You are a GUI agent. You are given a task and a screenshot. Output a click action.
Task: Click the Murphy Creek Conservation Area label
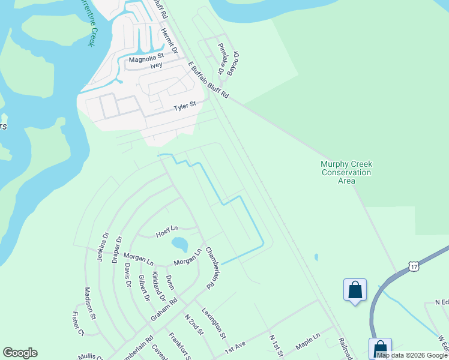click(x=346, y=172)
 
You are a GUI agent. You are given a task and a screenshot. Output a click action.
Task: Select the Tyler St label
click(x=185, y=106)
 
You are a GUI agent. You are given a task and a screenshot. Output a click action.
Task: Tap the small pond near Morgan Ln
click(x=179, y=244)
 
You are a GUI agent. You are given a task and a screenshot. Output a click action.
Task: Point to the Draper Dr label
click(x=118, y=250)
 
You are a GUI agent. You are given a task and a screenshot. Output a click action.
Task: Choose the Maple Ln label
click(x=309, y=343)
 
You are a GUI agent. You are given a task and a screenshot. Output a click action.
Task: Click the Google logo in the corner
click(x=20, y=353)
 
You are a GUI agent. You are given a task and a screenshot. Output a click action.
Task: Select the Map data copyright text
click(x=412, y=355)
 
